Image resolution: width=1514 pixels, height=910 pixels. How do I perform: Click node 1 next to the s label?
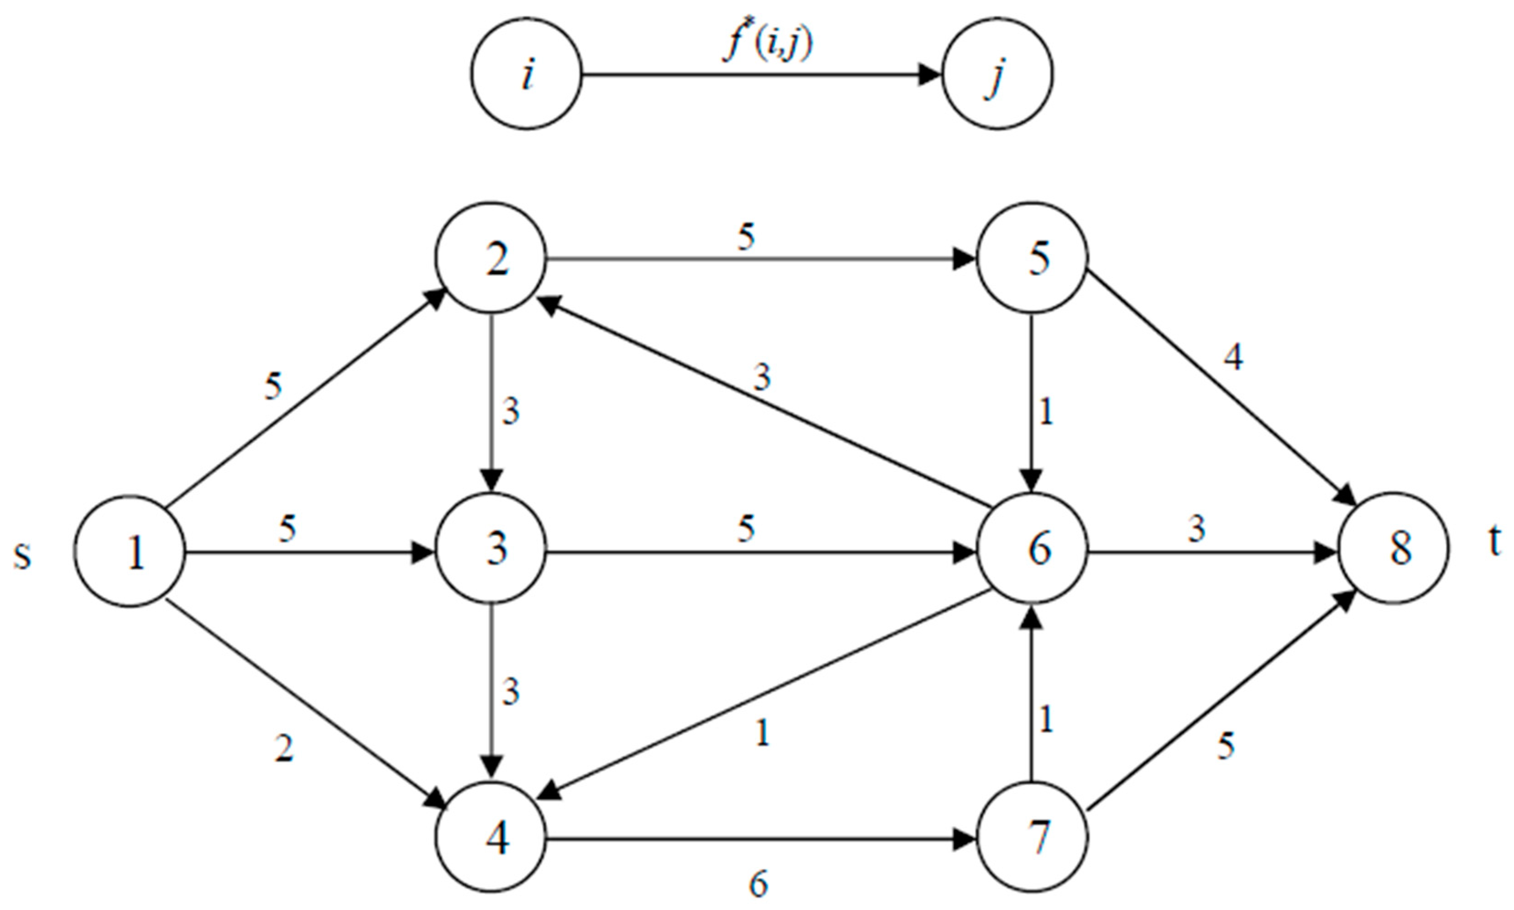point(130,551)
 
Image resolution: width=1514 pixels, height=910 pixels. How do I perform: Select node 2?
point(491,258)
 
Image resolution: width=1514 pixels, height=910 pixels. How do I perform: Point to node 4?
point(491,837)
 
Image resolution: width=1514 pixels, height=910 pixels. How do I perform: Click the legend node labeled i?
point(527,73)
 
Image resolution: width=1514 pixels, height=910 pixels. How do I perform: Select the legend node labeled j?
point(997,73)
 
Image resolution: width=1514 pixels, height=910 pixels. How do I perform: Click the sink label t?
point(1495,541)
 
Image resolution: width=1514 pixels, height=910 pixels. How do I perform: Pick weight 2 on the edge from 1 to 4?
point(283,748)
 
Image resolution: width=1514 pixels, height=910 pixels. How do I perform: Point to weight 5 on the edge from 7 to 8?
point(1225,746)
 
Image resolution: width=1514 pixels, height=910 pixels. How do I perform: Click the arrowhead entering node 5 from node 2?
point(963,259)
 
